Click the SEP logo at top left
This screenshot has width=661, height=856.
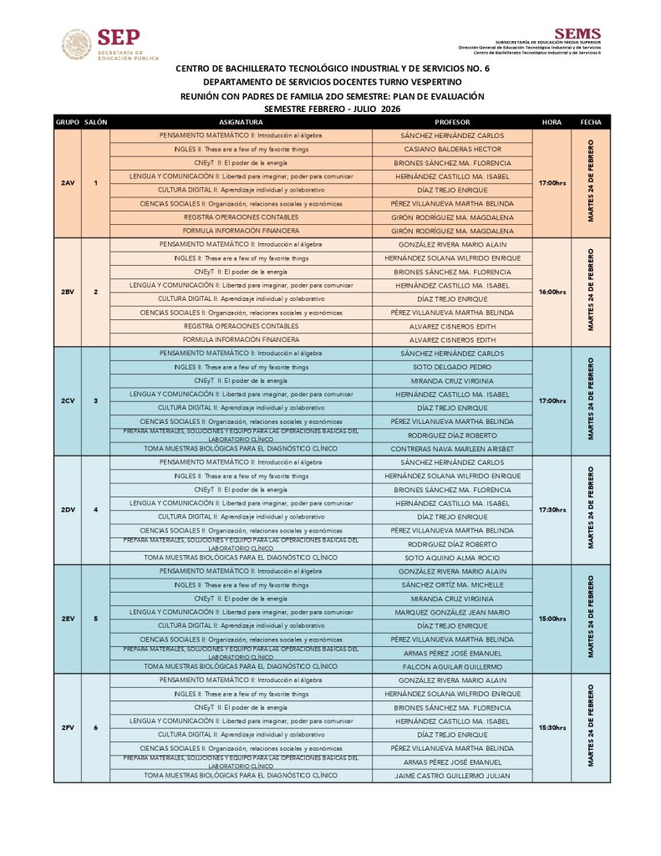pos(109,44)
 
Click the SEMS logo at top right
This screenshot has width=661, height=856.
pos(577,34)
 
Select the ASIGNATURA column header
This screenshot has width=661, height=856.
pos(241,122)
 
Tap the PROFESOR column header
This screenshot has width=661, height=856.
pos(452,122)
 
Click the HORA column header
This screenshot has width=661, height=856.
pos(552,122)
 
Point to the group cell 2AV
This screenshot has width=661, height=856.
pos(68,183)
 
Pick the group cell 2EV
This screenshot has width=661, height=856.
pos(68,619)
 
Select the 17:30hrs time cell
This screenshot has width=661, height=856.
pos(552,510)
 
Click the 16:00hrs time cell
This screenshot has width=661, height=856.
pos(552,292)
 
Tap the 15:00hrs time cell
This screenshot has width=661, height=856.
pos(552,619)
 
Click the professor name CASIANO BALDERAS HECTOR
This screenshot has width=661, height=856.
pos(452,149)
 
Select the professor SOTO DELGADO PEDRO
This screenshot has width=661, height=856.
pos(452,367)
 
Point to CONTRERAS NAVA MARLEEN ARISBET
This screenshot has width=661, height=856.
pos(452,449)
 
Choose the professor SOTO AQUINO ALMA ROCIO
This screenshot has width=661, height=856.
pos(452,558)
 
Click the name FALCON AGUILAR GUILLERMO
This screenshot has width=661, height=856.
pos(452,666)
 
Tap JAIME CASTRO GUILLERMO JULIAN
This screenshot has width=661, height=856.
pos(452,776)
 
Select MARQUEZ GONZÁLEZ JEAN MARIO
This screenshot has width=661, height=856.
pos(452,612)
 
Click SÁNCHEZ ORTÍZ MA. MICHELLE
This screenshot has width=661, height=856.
pos(452,585)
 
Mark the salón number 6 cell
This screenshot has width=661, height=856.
pos(95,727)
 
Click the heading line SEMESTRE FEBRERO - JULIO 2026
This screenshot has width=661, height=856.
pos(332,109)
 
